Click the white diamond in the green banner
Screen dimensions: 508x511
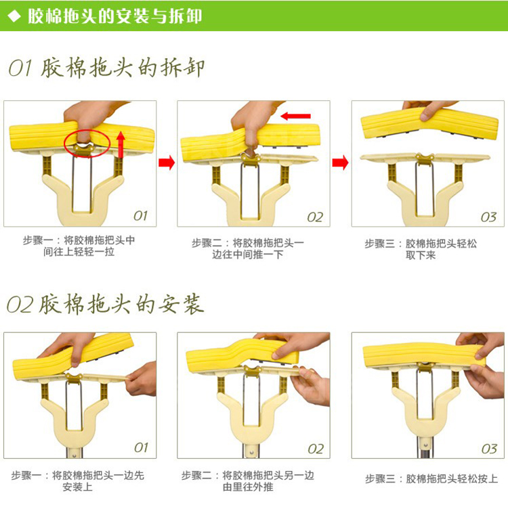pyautogui.click(x=14, y=16)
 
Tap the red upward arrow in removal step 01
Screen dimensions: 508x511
pyautogui.click(x=121, y=144)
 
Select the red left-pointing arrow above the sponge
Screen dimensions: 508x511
pyautogui.click(x=295, y=116)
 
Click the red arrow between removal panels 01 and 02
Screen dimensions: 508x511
pyautogui.click(x=167, y=162)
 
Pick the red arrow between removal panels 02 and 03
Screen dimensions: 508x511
pyautogui.click(x=341, y=162)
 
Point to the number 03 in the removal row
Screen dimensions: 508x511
pyautogui.click(x=488, y=217)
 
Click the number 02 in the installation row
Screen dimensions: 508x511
pyautogui.click(x=316, y=449)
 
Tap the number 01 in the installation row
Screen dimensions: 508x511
pyautogui.click(x=141, y=448)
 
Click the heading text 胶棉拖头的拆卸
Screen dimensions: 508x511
pyautogui.click(x=123, y=68)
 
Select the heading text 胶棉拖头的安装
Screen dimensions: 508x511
pyautogui.click(x=121, y=304)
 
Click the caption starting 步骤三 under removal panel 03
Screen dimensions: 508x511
pyautogui.click(x=421, y=249)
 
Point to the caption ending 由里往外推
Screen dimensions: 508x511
pyautogui.click(x=248, y=481)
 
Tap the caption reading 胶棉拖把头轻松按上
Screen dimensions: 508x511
pyautogui.click(x=452, y=479)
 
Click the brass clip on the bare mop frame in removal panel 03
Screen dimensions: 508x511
pyautogui.click(x=425, y=158)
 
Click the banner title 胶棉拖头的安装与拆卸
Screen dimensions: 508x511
pyautogui.click(x=114, y=16)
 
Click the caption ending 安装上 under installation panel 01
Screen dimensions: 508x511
pyautogui.click(x=78, y=481)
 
